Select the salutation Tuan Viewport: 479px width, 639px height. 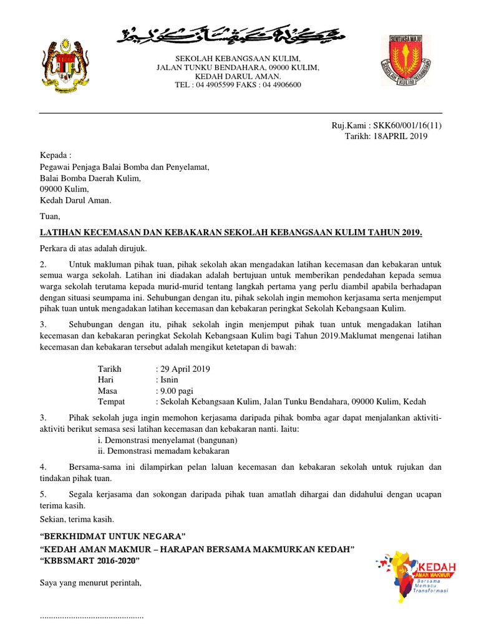coord(51,217)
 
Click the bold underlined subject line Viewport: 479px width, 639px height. coord(231,233)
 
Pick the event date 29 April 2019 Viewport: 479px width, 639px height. coord(185,369)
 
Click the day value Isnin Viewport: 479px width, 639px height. coord(168,379)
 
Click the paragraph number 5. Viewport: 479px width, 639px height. coord(42,494)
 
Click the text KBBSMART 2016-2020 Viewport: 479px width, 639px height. coord(90,560)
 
